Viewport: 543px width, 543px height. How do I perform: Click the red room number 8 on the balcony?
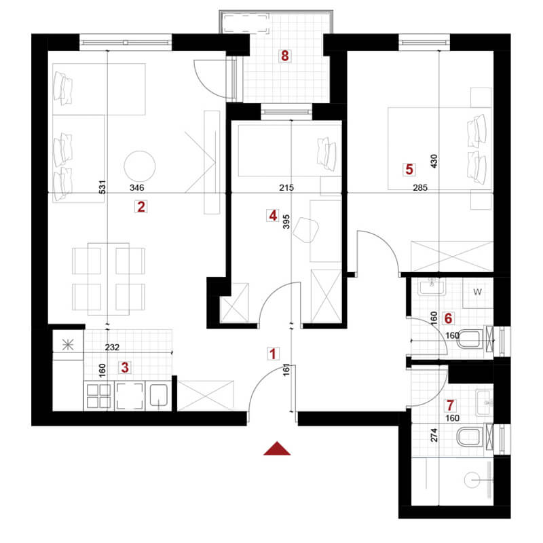point(285,56)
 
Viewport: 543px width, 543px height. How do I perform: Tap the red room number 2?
point(141,207)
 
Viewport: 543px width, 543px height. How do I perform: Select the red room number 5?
point(408,168)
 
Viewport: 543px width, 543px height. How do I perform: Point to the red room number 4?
point(273,216)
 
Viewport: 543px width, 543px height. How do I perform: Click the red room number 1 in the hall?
point(273,354)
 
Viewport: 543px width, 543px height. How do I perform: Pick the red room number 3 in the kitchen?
point(125,367)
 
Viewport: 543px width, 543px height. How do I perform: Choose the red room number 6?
point(449,317)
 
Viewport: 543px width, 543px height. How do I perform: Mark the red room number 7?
point(449,405)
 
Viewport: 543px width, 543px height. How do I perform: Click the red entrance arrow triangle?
point(276,448)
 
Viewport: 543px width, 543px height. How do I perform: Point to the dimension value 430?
point(434,162)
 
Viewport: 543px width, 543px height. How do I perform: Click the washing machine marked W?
point(478,292)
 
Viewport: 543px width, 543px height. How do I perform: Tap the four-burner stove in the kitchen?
point(98,396)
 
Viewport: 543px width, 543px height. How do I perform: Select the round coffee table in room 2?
point(140,164)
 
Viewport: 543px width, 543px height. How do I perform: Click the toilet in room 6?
point(470,337)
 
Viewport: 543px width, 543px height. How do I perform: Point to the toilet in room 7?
point(470,437)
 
